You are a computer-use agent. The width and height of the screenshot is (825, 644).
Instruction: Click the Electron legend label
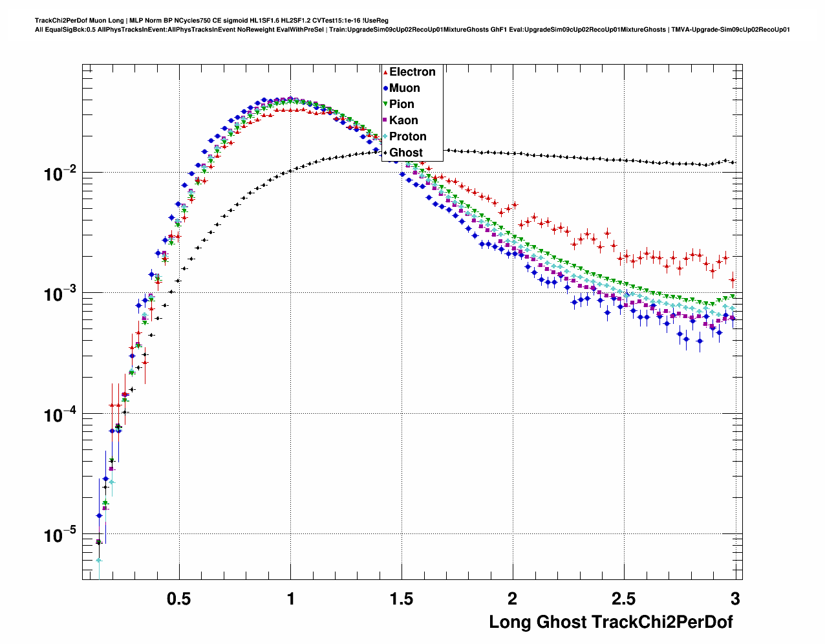412,72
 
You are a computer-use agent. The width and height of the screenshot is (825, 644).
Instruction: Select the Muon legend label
404,88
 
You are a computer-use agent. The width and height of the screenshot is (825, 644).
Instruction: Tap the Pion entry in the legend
402,104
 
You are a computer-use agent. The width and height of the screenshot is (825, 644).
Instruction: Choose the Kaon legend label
403,120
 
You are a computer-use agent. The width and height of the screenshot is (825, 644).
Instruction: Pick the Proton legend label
407,136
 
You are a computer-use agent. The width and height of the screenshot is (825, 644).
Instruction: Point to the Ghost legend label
405,153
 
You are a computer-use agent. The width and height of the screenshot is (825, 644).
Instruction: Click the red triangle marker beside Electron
385,72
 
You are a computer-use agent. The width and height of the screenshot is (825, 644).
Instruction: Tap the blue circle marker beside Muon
385,89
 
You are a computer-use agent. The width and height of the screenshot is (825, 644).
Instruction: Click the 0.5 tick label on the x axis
178,599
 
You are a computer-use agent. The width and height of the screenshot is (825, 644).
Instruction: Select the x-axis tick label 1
290,599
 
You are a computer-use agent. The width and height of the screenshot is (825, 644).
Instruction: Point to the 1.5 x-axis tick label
402,599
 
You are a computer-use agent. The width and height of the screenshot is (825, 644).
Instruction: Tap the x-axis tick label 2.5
624,599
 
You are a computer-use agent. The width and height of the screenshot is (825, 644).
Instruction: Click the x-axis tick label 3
735,599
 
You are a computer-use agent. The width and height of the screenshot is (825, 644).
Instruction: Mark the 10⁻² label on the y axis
59,173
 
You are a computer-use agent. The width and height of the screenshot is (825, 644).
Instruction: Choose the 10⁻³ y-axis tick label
59,294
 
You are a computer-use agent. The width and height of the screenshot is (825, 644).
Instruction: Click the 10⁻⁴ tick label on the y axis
59,414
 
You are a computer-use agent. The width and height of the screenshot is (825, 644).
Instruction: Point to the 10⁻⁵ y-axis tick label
59,535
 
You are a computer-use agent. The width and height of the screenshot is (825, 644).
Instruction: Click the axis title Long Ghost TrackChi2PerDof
611,622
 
